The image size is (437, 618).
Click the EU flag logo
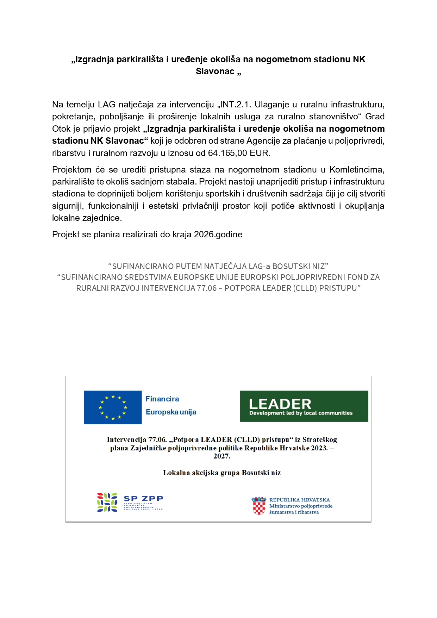coord(113,407)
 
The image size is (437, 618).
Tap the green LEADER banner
coord(304,406)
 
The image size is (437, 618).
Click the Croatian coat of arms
coord(259,506)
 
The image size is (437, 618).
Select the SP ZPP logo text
coord(143,499)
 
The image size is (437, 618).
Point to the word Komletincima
coord(356,170)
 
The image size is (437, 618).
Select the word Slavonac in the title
coord(215,71)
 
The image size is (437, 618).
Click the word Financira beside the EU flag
coord(162,399)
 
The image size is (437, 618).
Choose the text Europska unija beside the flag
coord(171,412)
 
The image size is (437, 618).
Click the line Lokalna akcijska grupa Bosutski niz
coord(221,473)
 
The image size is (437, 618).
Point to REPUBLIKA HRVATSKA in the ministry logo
coord(299,500)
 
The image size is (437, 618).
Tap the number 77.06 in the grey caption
coord(207,288)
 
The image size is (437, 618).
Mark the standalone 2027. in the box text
coord(221,456)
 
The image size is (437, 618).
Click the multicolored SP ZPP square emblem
coord(107,502)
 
